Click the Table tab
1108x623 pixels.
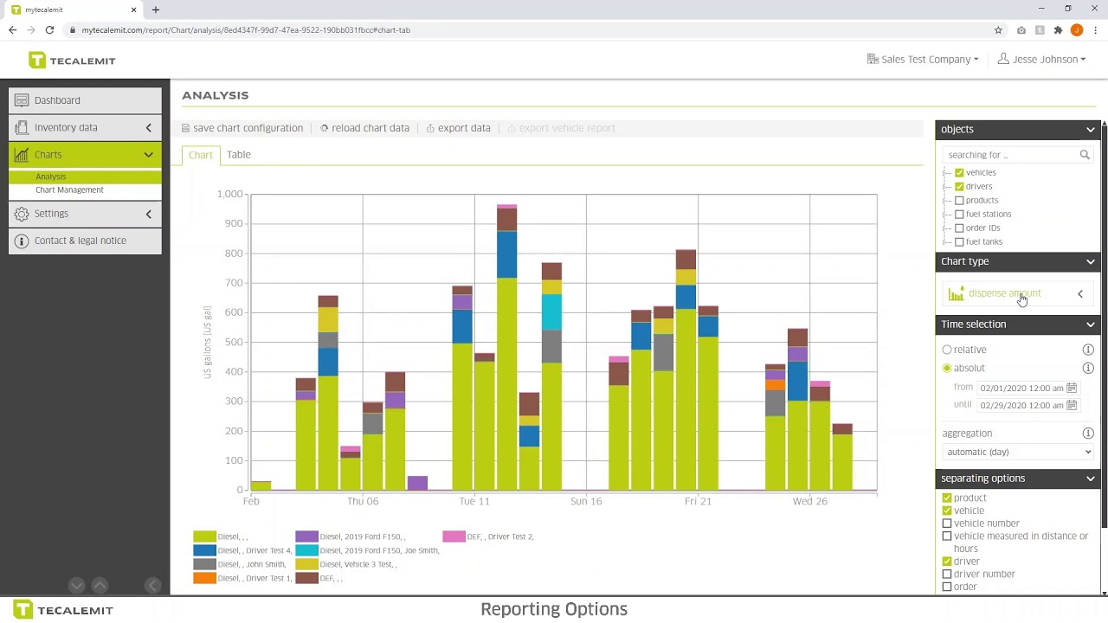click(238, 155)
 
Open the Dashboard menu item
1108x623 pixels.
click(57, 100)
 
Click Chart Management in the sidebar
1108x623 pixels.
click(69, 189)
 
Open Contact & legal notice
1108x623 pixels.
click(80, 241)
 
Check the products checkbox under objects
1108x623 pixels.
click(959, 200)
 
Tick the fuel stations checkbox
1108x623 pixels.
click(959, 214)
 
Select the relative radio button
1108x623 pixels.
click(947, 350)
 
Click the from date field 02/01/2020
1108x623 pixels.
click(1021, 388)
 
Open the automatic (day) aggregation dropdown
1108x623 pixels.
click(1018, 452)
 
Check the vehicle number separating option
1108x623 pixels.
click(947, 523)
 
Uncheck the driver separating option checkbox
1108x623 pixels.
click(947, 562)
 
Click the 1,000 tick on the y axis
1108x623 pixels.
click(230, 194)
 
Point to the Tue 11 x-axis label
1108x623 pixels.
click(474, 501)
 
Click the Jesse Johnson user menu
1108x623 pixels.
click(1042, 60)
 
